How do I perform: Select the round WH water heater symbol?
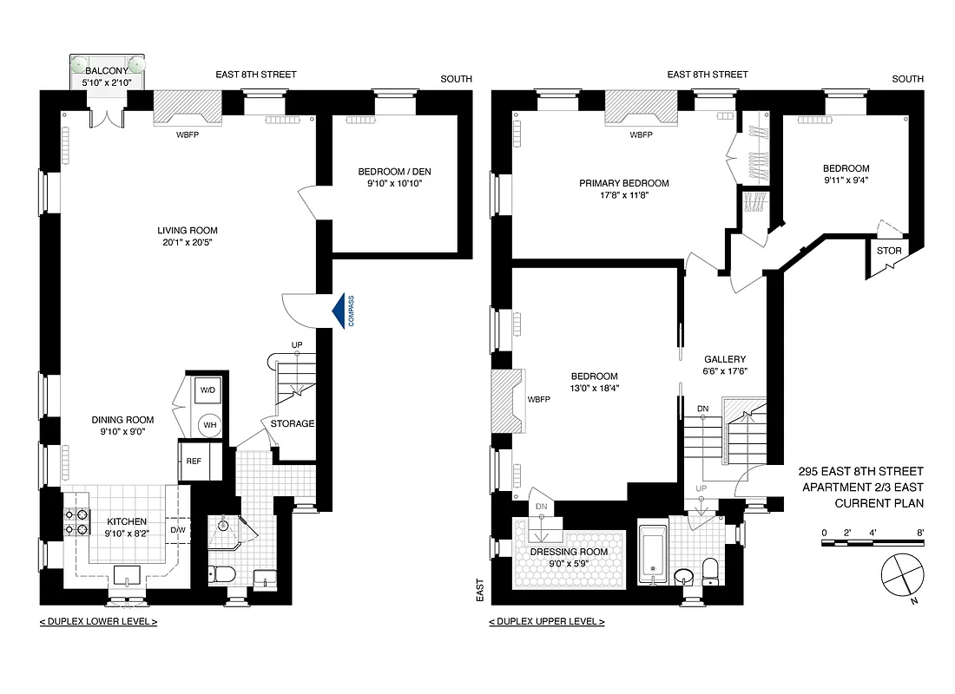[209, 425]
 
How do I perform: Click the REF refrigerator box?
[194, 461]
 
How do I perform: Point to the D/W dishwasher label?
[178, 530]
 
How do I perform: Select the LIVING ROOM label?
[187, 230]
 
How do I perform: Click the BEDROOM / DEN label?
[394, 171]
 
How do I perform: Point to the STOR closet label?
[889, 252]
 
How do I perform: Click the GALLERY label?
[724, 358]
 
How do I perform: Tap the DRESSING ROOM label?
[570, 552]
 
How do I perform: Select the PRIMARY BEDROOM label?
[624, 183]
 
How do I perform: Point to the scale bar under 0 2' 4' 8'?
[873, 543]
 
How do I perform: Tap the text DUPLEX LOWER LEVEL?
[98, 622]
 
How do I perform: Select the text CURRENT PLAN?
[879, 503]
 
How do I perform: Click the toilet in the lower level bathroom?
[221, 573]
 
